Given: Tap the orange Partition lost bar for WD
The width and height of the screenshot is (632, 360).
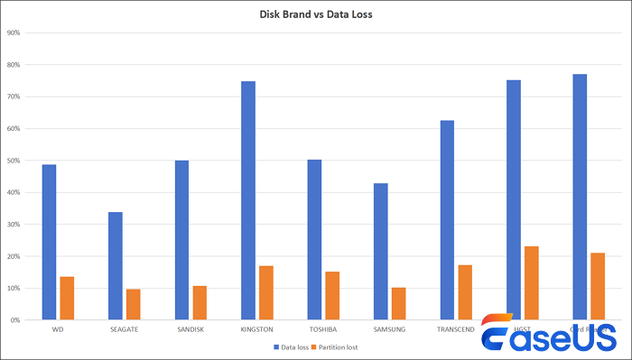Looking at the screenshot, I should pos(67,298).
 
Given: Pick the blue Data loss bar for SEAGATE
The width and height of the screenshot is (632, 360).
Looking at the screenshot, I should pos(116,265).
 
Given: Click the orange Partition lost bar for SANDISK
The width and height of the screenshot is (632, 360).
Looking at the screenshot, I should pos(200,302).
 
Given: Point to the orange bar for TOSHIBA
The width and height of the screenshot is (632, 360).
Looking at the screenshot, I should pos(332,295).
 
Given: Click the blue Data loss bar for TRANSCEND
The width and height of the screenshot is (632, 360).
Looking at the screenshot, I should pos(447,219).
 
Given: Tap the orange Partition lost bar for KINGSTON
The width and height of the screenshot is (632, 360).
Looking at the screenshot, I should pos(265,292).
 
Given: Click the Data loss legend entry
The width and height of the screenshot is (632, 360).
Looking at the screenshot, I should pos(289,346).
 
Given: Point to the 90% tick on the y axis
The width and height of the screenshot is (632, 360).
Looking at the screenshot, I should pos(14,33).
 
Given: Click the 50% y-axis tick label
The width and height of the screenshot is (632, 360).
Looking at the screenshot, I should pos(14,161).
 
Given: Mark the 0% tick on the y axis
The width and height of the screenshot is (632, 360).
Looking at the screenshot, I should pos(15,320).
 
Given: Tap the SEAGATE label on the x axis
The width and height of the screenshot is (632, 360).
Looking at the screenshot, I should pos(125,330).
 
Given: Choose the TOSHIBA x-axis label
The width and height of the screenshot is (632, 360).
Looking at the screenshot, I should pos(323,330).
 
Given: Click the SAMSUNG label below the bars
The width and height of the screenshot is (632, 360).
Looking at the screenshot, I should pos(389,330).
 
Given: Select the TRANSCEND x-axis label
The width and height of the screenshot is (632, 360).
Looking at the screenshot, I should pos(456,330).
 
